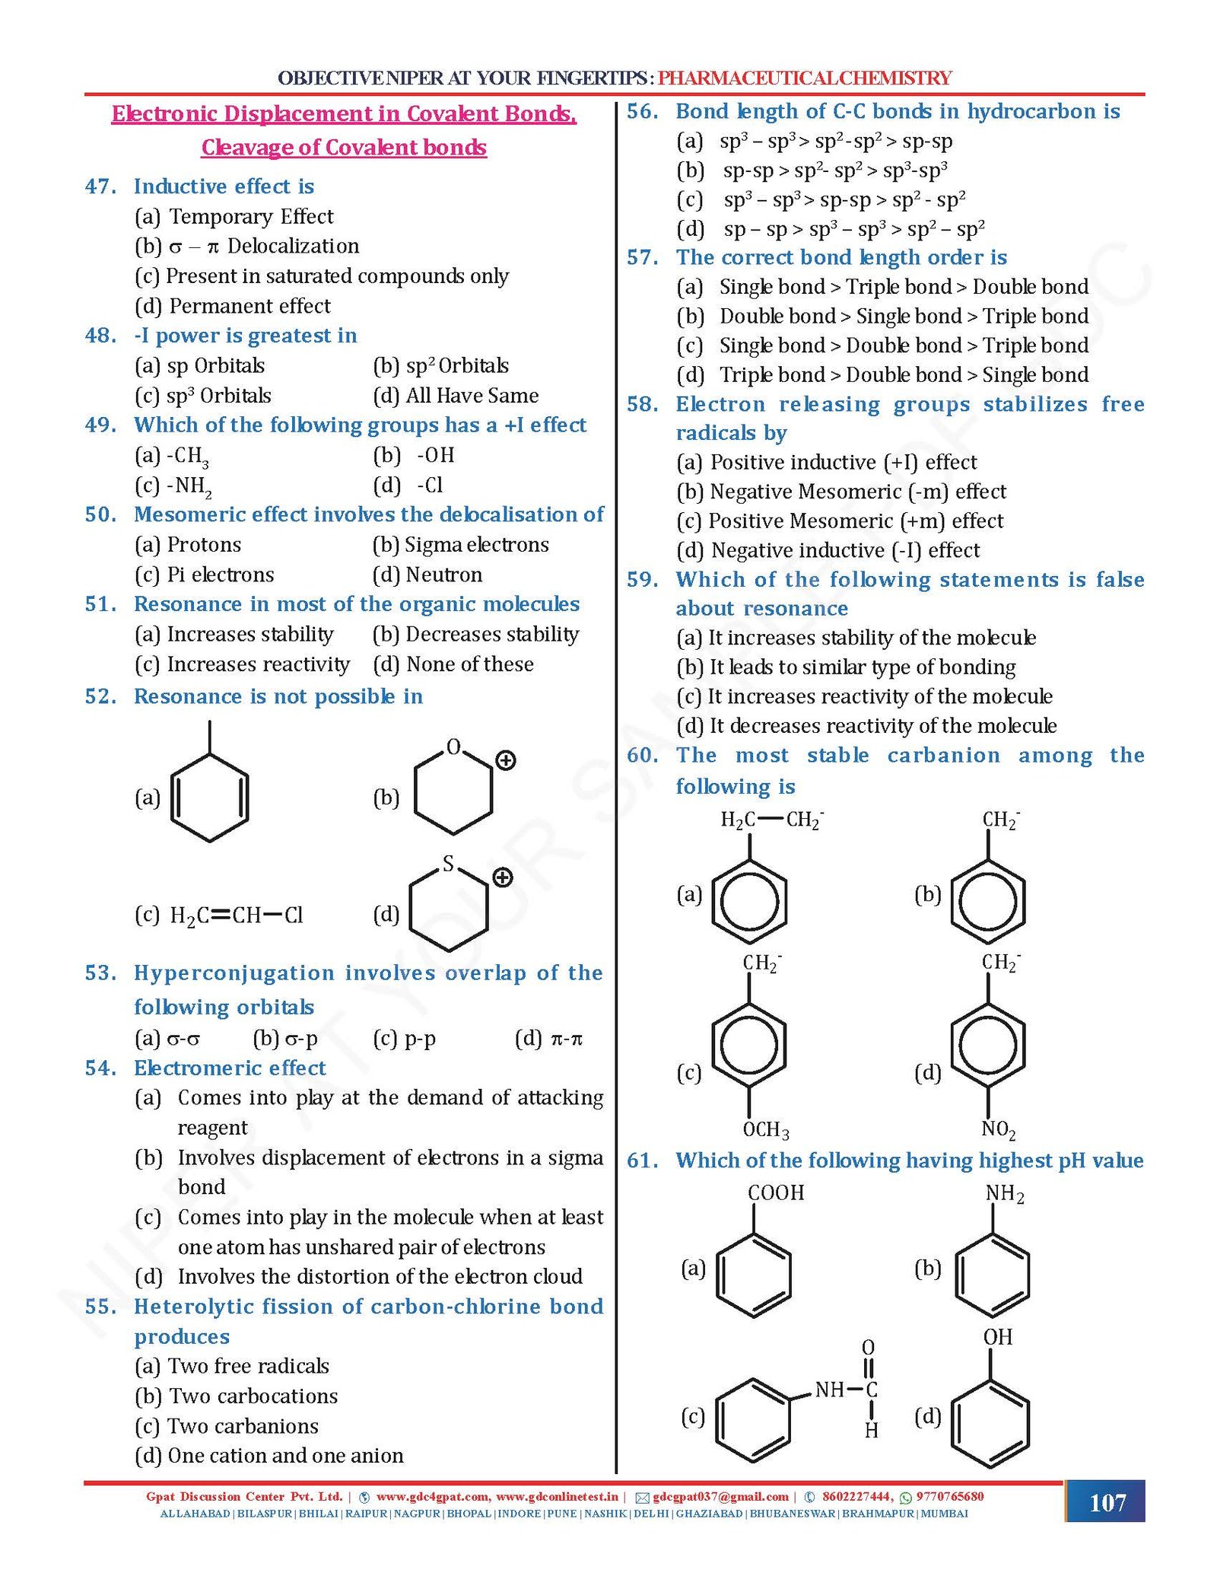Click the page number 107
click(x=1107, y=1502)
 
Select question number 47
click(x=100, y=186)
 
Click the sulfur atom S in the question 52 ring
click(x=448, y=864)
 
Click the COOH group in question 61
click(x=775, y=1192)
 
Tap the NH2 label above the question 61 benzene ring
click(x=1004, y=1193)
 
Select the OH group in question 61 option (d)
click(x=997, y=1337)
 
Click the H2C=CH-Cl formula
click(x=236, y=915)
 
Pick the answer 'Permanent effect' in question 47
click(x=249, y=306)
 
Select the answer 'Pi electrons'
click(x=220, y=575)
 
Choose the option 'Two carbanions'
click(x=243, y=1425)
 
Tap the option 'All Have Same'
click(x=472, y=396)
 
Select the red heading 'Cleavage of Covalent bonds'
click(x=344, y=147)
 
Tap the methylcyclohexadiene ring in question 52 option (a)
click(x=210, y=797)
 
